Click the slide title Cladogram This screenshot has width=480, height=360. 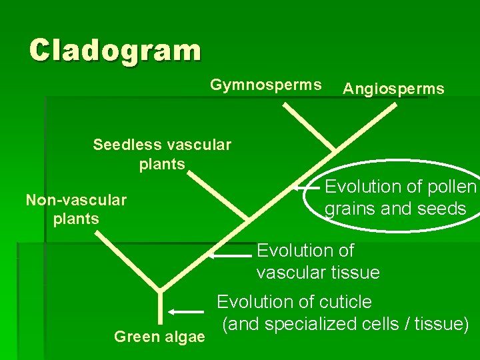click(115, 50)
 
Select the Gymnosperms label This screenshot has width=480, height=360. click(266, 85)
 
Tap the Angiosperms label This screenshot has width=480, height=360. click(393, 89)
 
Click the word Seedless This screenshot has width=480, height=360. click(123, 145)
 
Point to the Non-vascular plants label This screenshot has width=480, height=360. click(76, 209)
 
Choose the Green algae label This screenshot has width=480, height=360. click(159, 337)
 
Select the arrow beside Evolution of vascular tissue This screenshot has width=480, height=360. click(233, 255)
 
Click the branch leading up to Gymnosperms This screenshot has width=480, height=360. click(308, 127)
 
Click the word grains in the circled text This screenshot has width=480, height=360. click(351, 209)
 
